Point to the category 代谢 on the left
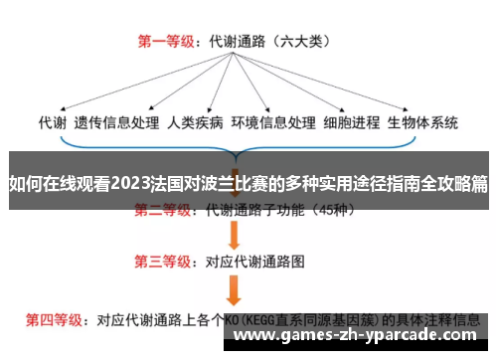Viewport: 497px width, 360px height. (x=53, y=123)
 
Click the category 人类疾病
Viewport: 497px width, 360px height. (x=196, y=123)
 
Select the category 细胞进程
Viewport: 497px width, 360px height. (x=352, y=123)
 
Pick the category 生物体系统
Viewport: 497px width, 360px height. (x=424, y=123)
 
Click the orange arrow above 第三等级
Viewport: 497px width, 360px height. (x=236, y=236)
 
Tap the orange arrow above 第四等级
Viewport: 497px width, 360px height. (x=236, y=289)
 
